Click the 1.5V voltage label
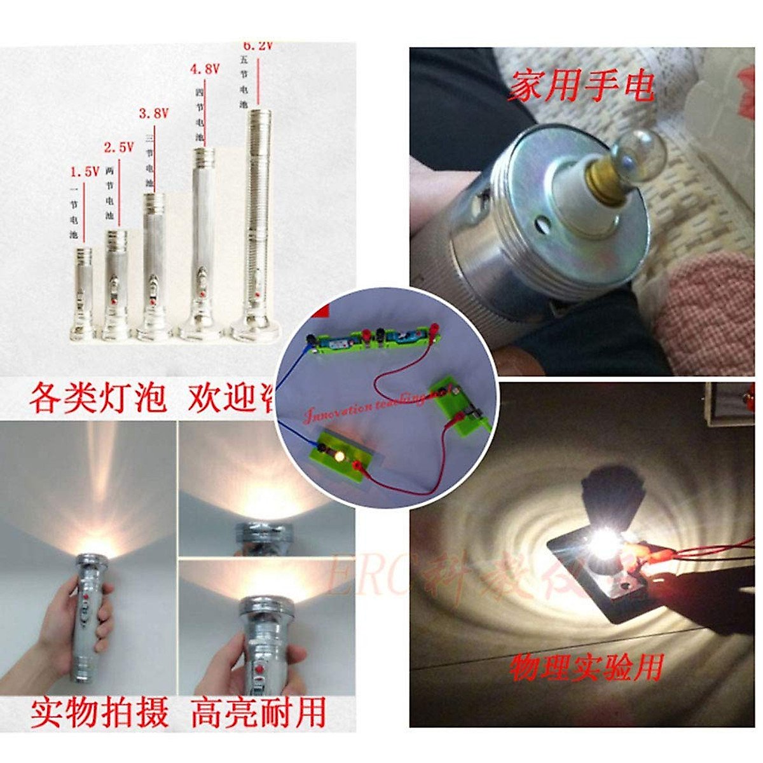click(x=85, y=172)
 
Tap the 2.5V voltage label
click(x=119, y=148)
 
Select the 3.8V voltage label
click(x=153, y=114)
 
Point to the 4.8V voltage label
click(x=204, y=69)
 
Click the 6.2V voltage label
click(x=258, y=46)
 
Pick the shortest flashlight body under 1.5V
click(x=83, y=289)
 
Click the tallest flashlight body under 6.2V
click(x=258, y=216)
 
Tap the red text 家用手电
click(x=580, y=85)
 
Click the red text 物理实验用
click(x=586, y=667)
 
